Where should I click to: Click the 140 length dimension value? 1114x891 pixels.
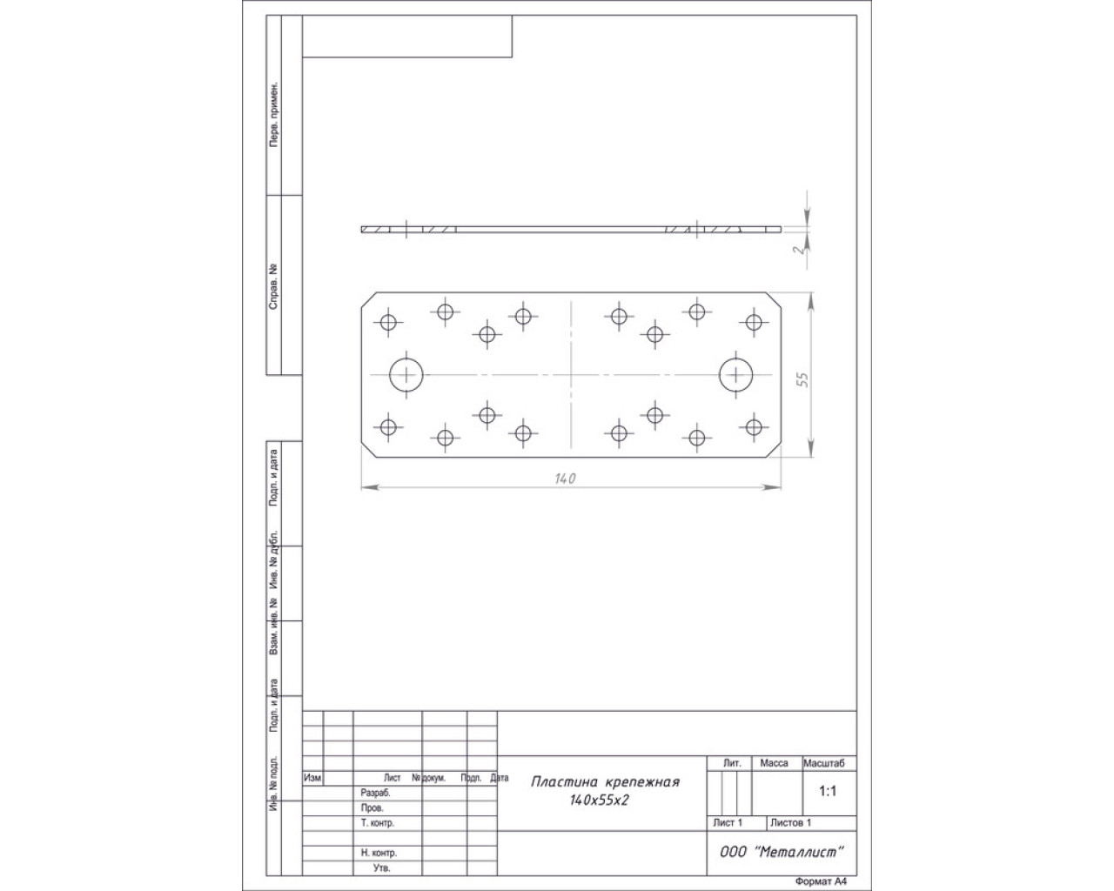coord(565,479)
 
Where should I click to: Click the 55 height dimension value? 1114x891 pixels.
coord(803,379)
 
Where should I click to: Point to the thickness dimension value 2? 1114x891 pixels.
coord(801,249)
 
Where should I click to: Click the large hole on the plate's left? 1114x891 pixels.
coord(406,374)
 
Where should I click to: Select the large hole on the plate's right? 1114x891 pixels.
coord(735,374)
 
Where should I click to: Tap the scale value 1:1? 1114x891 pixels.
coord(828,791)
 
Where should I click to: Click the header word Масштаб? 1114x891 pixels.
coord(823,763)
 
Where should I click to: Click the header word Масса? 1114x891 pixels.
coord(774,763)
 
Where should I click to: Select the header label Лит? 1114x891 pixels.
coord(732,763)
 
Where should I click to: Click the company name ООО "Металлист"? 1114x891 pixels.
coord(782,852)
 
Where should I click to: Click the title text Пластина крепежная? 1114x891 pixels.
coord(605,781)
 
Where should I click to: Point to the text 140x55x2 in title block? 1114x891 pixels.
coord(599,801)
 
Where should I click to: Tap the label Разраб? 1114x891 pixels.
coord(375,794)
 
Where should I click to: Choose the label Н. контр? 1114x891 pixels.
coord(379,853)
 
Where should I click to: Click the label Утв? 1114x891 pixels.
coord(381,868)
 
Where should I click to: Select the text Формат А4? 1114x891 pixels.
coord(821,881)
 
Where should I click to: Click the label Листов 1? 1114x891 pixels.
coord(790,822)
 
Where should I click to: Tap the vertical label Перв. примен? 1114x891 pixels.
coord(274,114)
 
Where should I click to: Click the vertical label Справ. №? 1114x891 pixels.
coord(273,287)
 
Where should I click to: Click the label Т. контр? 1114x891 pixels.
coord(378,822)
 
